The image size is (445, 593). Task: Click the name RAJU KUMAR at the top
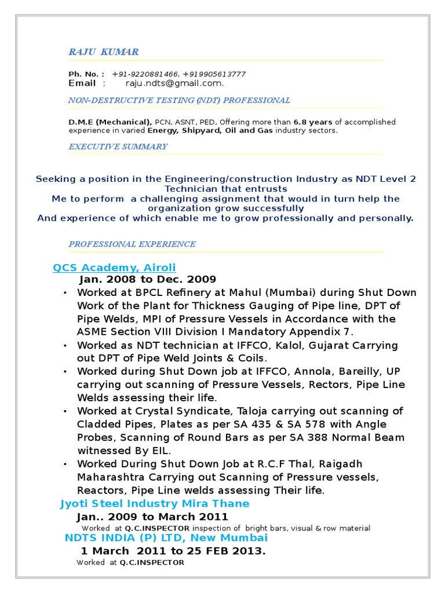click(x=103, y=52)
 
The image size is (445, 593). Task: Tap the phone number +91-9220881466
click(x=145, y=74)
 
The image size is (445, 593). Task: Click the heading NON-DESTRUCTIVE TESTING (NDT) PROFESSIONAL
click(x=179, y=101)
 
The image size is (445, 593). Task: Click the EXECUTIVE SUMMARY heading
click(x=118, y=147)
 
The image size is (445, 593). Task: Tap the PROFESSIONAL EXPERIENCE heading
click(x=132, y=244)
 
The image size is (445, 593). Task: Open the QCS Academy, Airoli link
click(x=114, y=268)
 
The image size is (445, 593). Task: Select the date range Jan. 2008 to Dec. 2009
click(x=152, y=279)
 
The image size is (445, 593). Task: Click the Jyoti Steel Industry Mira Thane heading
click(x=155, y=504)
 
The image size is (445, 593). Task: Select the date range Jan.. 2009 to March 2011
click(x=152, y=517)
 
